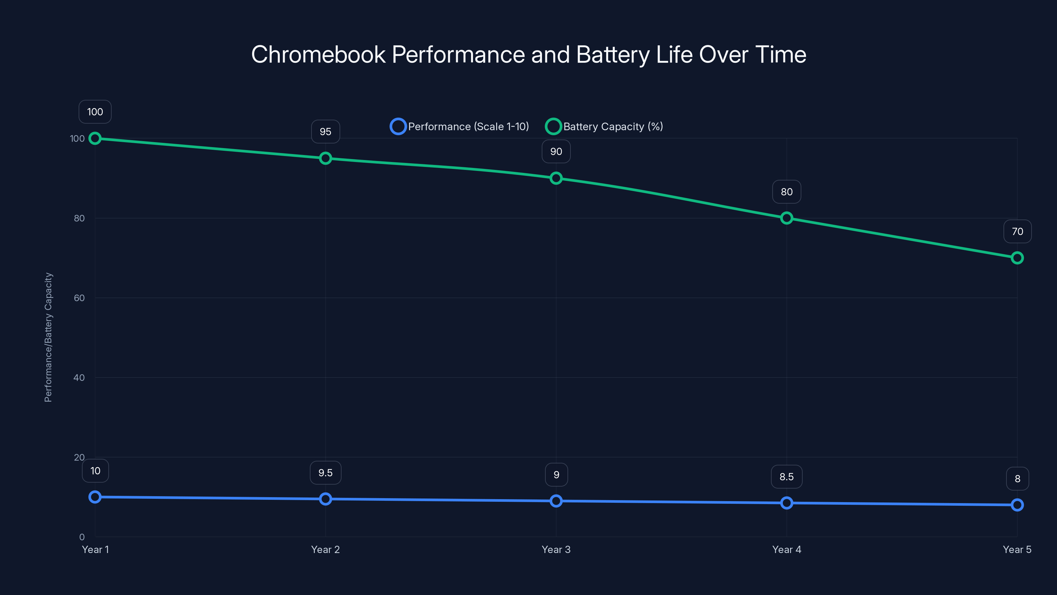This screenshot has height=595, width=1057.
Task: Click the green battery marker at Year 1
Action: (x=95, y=139)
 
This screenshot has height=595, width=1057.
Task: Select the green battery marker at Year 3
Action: (x=556, y=178)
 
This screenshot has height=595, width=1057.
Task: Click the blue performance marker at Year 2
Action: (x=325, y=499)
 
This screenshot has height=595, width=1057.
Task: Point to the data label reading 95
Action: (x=325, y=132)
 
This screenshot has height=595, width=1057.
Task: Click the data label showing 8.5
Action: (x=786, y=477)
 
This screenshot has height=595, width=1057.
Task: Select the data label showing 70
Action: (x=1017, y=232)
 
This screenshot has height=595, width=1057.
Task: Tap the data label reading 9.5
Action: (x=325, y=473)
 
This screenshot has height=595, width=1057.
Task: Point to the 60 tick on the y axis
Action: (x=79, y=298)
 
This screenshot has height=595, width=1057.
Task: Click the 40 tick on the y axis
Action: (x=79, y=377)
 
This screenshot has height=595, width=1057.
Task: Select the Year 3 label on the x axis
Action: (x=556, y=549)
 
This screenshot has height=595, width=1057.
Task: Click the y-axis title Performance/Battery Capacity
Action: (x=49, y=337)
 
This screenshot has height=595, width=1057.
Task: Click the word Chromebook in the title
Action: (x=318, y=55)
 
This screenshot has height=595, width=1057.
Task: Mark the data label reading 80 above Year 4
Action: (x=786, y=192)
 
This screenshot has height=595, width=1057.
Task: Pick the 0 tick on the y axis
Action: (x=82, y=537)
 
